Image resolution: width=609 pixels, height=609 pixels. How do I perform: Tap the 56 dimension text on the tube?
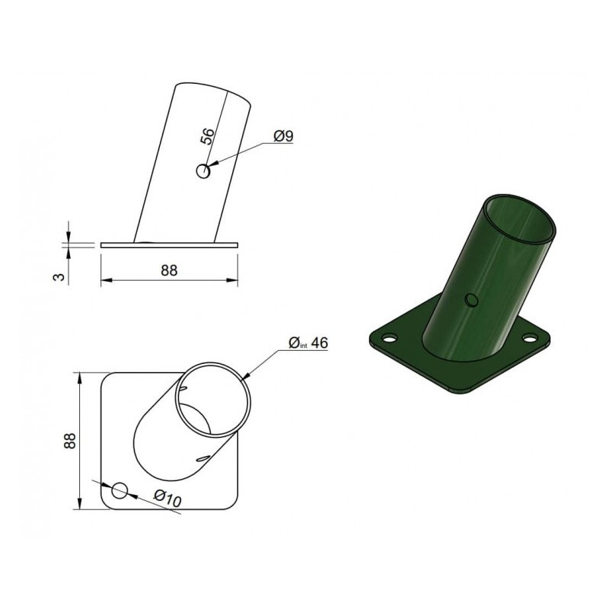[206, 137]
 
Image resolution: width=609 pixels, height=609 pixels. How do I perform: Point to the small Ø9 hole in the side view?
[202, 171]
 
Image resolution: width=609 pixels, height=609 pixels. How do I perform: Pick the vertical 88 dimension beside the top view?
[69, 442]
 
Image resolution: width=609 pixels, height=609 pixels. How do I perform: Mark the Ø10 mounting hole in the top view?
[119, 490]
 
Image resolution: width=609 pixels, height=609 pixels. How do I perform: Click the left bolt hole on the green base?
[389, 337]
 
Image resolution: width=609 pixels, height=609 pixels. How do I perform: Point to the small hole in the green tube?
[473, 299]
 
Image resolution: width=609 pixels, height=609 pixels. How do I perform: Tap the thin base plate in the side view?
[169, 245]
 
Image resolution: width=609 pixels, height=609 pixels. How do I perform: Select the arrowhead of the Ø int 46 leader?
[244, 378]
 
